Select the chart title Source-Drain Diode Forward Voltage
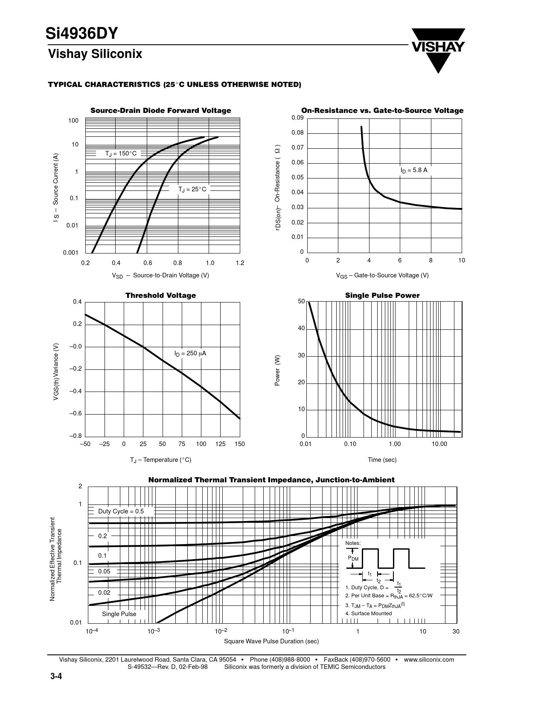[160, 111]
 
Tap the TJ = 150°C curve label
[121, 153]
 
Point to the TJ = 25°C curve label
[192, 189]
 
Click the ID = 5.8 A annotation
[413, 170]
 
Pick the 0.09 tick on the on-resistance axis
[297, 118]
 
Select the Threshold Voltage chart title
[160, 296]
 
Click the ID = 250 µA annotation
[190, 354]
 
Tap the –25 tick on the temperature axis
[104, 444]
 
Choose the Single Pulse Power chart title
[382, 296]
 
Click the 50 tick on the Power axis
[301, 302]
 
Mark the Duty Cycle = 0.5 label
[121, 511]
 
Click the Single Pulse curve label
[119, 614]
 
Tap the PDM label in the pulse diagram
[353, 558]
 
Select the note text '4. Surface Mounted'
[368, 614]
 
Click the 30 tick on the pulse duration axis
[456, 631]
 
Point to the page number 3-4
[55, 677]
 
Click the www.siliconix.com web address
[428, 660]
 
